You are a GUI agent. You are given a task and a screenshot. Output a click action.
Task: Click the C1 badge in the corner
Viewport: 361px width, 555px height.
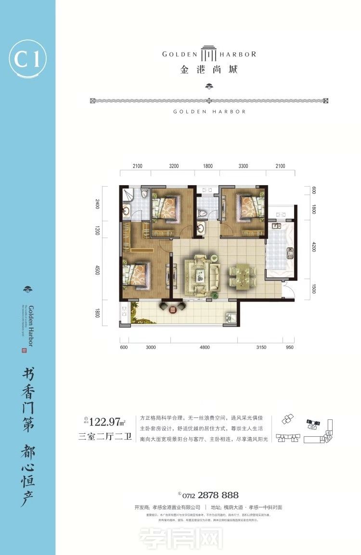[27, 60]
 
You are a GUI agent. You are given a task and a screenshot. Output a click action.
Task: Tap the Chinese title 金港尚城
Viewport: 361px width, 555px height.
[209, 69]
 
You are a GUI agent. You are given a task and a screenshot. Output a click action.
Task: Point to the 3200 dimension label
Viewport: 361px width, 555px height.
[174, 166]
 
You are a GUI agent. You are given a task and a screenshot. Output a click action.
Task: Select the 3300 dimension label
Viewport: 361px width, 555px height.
[243, 166]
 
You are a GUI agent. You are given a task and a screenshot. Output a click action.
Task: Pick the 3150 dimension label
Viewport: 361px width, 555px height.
[261, 347]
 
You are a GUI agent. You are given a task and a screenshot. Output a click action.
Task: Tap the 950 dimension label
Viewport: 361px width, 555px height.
[289, 347]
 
